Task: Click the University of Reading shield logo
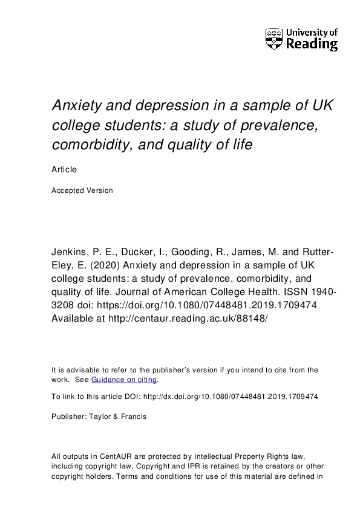pyautogui.click(x=274, y=38)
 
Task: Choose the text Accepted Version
pyautogui.click(x=82, y=190)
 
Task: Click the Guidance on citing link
pyautogui.click(x=124, y=380)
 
